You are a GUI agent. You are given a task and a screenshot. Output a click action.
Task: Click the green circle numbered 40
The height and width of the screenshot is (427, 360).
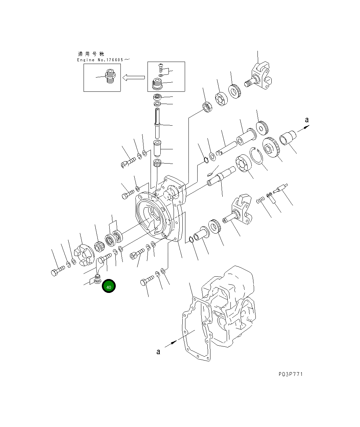[x=109, y=286]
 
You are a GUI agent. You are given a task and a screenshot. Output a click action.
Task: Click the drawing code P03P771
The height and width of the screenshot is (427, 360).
[x=291, y=374]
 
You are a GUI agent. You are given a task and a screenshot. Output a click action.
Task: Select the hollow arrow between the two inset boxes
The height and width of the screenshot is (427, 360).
[x=134, y=78]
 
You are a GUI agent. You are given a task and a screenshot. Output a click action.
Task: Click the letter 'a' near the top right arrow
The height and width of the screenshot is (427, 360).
[x=307, y=120]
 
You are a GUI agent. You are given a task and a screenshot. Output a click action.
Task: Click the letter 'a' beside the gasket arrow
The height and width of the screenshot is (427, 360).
[x=158, y=352]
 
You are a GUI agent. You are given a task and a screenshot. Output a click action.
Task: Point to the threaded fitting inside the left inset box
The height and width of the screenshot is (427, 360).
[x=110, y=76]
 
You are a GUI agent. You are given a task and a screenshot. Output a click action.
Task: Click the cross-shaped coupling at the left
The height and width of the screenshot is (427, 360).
[x=84, y=255]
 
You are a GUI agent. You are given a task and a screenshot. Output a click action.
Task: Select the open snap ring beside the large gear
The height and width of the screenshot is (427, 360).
[x=256, y=156]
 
